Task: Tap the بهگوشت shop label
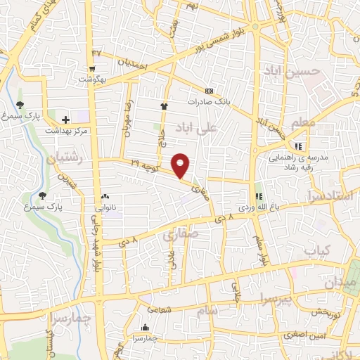tap(92, 80)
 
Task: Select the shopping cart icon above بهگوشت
tap(92, 69)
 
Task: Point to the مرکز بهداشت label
tap(66, 131)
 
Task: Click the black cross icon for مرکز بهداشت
tap(66, 120)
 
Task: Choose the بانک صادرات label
tap(209, 102)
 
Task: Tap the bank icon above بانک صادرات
tap(209, 91)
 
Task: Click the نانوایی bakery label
tap(105, 208)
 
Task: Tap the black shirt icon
tap(165, 106)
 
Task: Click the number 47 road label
tap(96, 53)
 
